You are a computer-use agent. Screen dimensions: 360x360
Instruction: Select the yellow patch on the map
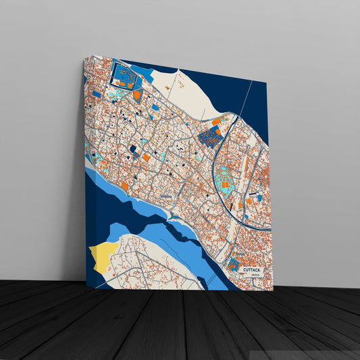[99, 256]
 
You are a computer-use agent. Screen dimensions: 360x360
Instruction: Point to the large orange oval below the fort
[138, 95]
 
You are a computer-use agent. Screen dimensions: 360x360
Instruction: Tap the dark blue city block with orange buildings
[211, 137]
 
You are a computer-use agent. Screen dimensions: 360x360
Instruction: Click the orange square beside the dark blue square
[146, 157]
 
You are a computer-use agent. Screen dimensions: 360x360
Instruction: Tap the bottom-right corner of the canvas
[273, 290]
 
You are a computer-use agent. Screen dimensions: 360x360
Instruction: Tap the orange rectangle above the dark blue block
[216, 122]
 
